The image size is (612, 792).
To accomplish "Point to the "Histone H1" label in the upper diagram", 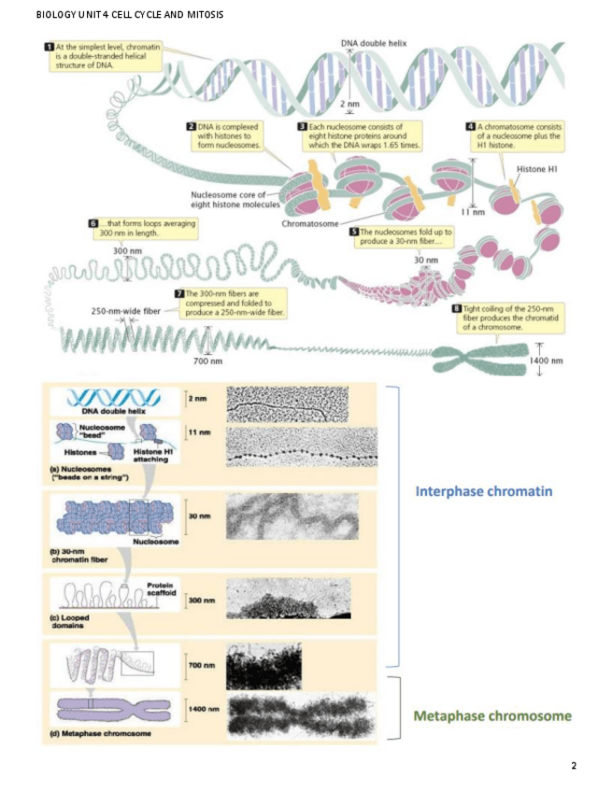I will (538, 169).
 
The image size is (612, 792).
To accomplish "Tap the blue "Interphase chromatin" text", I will (489, 491).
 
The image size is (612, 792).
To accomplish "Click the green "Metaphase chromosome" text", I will (491, 716).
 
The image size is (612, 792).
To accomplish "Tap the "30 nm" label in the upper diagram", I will (425, 260).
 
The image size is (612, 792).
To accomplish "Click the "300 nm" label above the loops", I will (126, 252).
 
